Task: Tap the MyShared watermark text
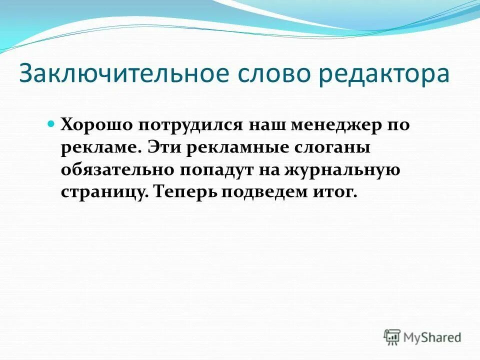pos(432,337)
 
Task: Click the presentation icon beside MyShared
pos(392,337)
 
